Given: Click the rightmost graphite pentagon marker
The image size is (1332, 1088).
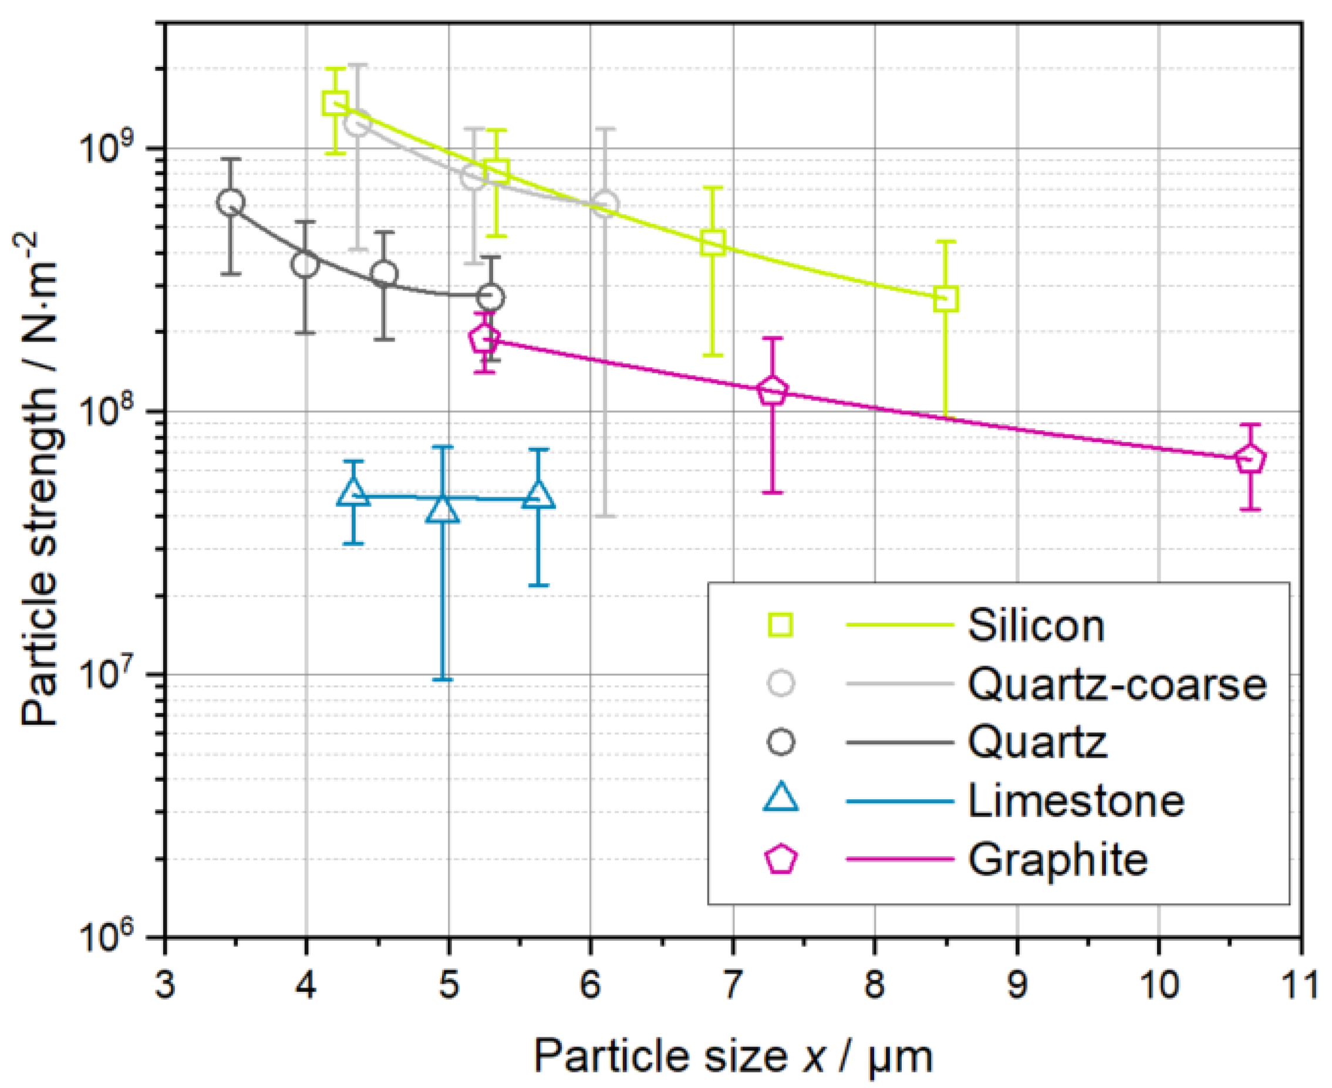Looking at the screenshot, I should coord(1250,459).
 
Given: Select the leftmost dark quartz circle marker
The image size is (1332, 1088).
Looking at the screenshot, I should coord(231,202).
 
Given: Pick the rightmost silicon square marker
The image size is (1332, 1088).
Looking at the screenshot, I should coord(945,299).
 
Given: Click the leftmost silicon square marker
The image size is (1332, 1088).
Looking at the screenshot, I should coord(335,103).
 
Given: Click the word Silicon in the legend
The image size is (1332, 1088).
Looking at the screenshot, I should coord(1036,626).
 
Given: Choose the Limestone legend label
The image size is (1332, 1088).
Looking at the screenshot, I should coord(1075,800).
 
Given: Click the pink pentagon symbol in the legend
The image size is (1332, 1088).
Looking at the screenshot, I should coord(781,859).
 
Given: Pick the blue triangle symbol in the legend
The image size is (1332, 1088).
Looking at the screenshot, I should coord(781,800).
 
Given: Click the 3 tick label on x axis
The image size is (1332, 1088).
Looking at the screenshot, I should coord(164,985).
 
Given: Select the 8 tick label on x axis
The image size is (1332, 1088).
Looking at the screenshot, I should coord(875,985).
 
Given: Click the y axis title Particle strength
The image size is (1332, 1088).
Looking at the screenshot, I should coord(39,479).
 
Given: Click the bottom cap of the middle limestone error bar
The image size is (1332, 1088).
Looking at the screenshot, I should coord(443,680).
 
